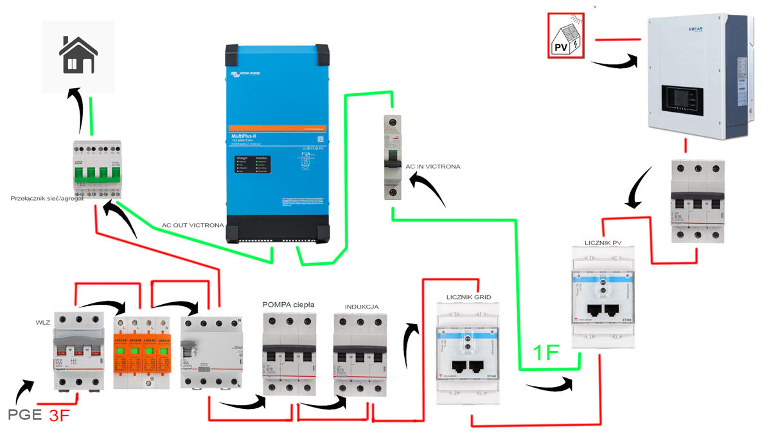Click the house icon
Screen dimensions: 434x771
[x=78, y=55]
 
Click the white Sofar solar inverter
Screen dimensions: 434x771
[x=698, y=77]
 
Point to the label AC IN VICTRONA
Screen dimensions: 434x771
[x=432, y=167]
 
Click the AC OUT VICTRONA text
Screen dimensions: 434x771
[x=193, y=226]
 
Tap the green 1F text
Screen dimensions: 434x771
[x=546, y=352]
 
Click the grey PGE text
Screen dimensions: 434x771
[x=25, y=414]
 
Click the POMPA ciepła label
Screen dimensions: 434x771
[x=288, y=304]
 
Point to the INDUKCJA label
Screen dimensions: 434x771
[x=362, y=307]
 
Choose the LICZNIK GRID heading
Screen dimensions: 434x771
[x=468, y=297]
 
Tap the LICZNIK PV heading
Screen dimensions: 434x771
[x=603, y=242]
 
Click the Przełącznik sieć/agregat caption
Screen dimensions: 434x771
[x=48, y=199]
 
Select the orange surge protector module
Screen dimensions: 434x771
[x=141, y=352]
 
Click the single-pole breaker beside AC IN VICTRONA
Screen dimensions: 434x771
[x=393, y=158]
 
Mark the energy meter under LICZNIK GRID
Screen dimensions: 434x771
[x=468, y=352]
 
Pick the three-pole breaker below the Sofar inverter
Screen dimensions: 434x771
[x=697, y=201]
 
